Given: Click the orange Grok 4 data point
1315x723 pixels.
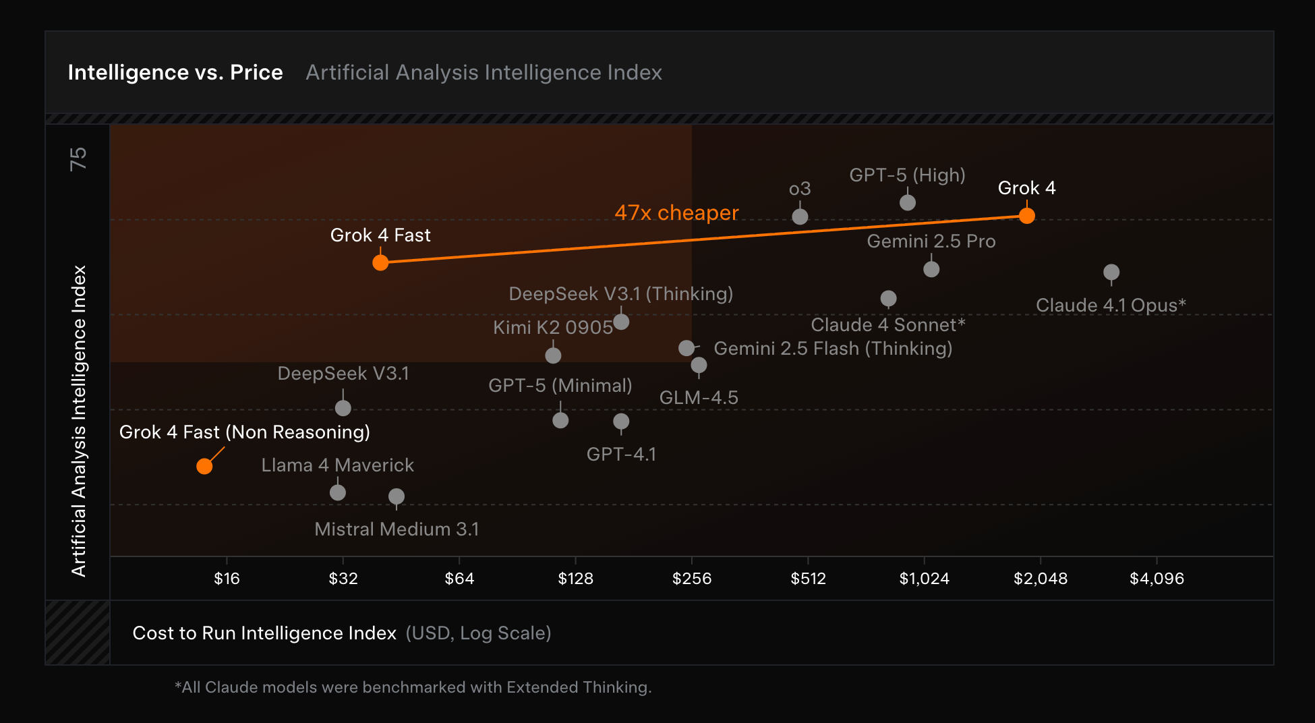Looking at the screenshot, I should (1026, 216).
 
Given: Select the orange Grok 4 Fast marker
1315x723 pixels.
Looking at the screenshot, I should (380, 262).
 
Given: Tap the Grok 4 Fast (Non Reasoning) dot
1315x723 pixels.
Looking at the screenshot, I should (204, 466).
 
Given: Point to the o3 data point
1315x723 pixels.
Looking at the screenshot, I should (800, 216).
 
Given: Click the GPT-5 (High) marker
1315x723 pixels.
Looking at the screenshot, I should (908, 202).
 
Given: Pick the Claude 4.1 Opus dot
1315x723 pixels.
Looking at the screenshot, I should (1111, 272).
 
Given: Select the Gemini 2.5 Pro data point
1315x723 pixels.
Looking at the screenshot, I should (931, 269).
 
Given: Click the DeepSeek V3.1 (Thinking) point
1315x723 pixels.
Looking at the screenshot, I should (621, 322).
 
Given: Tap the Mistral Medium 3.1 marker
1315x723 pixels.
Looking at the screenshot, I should (397, 496).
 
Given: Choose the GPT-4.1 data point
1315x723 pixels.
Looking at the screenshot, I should (621, 422).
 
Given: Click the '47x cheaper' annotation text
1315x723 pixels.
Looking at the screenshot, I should (676, 213).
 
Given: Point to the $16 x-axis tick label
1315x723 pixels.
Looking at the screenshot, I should (227, 579).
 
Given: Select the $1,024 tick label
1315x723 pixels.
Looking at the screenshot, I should (924, 579).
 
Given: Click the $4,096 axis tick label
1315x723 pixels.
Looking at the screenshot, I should (1157, 579).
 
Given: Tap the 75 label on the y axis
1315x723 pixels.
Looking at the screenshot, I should (78, 159).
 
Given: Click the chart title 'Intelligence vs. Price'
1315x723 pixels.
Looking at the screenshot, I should (175, 73).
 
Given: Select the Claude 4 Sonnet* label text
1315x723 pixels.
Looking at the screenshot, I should (887, 325).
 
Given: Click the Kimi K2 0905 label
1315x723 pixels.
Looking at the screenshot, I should (553, 328).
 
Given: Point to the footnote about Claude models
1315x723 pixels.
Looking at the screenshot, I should (413, 687).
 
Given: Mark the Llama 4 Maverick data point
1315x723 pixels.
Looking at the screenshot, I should (338, 492).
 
